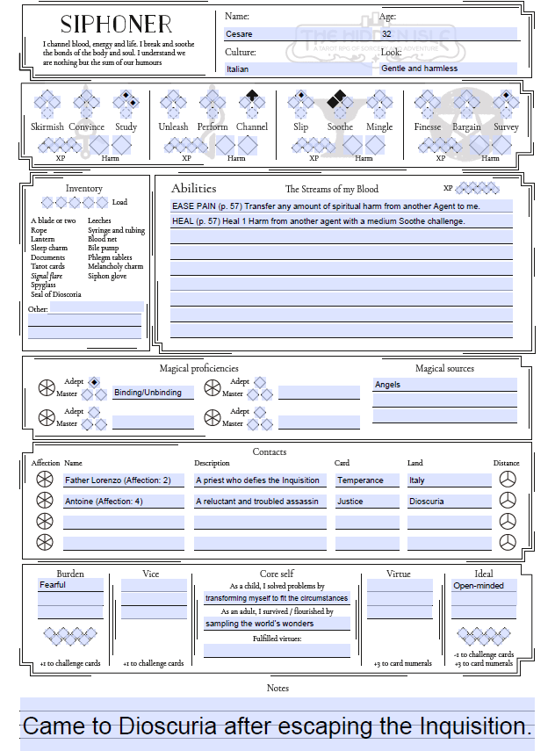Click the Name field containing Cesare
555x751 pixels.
(x=299, y=34)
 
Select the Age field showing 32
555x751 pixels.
(x=448, y=34)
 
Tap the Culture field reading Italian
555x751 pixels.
(x=299, y=69)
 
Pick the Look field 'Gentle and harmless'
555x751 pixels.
(x=448, y=69)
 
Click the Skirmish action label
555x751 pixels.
(x=47, y=127)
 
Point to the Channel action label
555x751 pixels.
(x=252, y=127)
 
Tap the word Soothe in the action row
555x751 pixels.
(x=340, y=127)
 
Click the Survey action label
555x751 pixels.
(x=506, y=127)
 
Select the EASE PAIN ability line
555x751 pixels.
(x=341, y=206)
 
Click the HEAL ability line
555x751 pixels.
(x=341, y=221)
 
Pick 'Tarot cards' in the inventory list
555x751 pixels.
(x=48, y=267)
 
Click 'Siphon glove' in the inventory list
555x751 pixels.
(x=107, y=276)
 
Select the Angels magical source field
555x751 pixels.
(x=444, y=385)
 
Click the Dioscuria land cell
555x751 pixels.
(x=449, y=502)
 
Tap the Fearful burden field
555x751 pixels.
(x=70, y=585)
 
